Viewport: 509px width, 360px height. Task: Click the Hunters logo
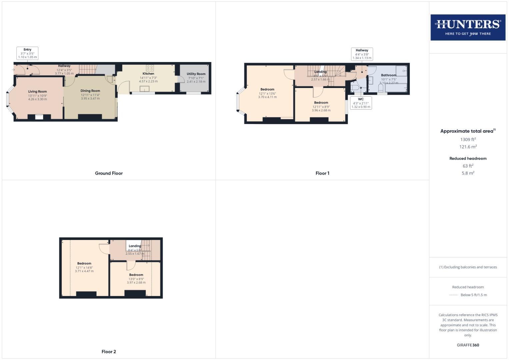(468, 27)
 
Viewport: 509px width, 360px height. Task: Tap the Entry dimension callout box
(27, 53)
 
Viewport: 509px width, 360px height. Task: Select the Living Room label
(37, 92)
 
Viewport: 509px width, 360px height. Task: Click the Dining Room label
(90, 91)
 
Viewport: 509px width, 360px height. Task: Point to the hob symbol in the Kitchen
(150, 68)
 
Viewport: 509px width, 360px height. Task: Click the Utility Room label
(196, 74)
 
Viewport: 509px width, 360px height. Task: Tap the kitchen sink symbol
(145, 89)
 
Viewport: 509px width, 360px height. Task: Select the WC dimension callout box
(361, 103)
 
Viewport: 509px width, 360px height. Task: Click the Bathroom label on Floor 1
(389, 75)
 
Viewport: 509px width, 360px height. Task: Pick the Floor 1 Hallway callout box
(362, 54)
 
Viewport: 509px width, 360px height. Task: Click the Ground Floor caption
(109, 173)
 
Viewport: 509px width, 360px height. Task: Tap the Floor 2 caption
(109, 352)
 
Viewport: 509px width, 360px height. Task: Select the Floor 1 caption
(322, 173)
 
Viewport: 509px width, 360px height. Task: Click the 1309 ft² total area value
(468, 140)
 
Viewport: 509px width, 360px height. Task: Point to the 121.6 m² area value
(468, 147)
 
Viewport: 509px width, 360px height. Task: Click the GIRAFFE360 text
(468, 345)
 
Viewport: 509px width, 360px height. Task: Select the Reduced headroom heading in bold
(468, 159)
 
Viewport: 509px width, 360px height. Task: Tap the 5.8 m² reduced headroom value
(468, 173)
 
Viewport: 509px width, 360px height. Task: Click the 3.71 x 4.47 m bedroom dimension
(84, 271)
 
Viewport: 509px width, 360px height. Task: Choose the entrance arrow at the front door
(13, 70)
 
